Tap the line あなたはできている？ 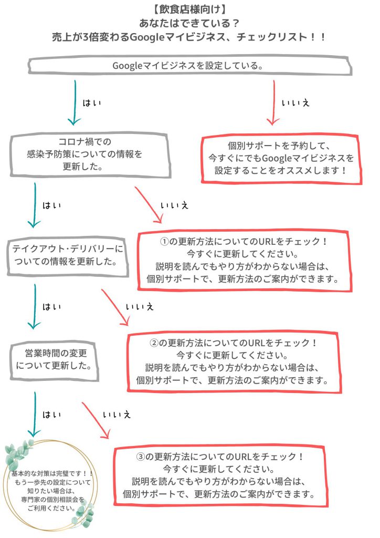(x=189, y=24)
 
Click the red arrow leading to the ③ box (x=96, y=420)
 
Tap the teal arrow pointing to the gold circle (x=35, y=415)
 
